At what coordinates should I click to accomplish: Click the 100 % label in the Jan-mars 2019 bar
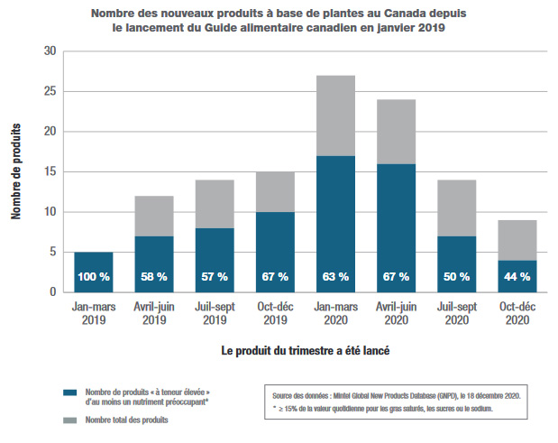(93, 276)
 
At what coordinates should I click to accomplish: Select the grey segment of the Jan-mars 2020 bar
(336, 115)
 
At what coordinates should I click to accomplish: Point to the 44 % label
(518, 276)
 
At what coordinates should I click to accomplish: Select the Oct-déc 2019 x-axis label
(275, 312)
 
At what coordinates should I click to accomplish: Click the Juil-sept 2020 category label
(458, 312)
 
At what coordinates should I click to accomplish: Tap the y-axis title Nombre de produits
(17, 171)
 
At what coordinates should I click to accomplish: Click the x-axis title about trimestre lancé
(305, 348)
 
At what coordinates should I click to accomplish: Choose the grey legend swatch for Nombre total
(69, 420)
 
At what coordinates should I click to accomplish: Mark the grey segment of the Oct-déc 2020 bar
(518, 240)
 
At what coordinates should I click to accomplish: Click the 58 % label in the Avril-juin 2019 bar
(153, 276)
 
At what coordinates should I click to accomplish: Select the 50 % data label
(458, 276)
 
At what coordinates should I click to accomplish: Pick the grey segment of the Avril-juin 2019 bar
(153, 216)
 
